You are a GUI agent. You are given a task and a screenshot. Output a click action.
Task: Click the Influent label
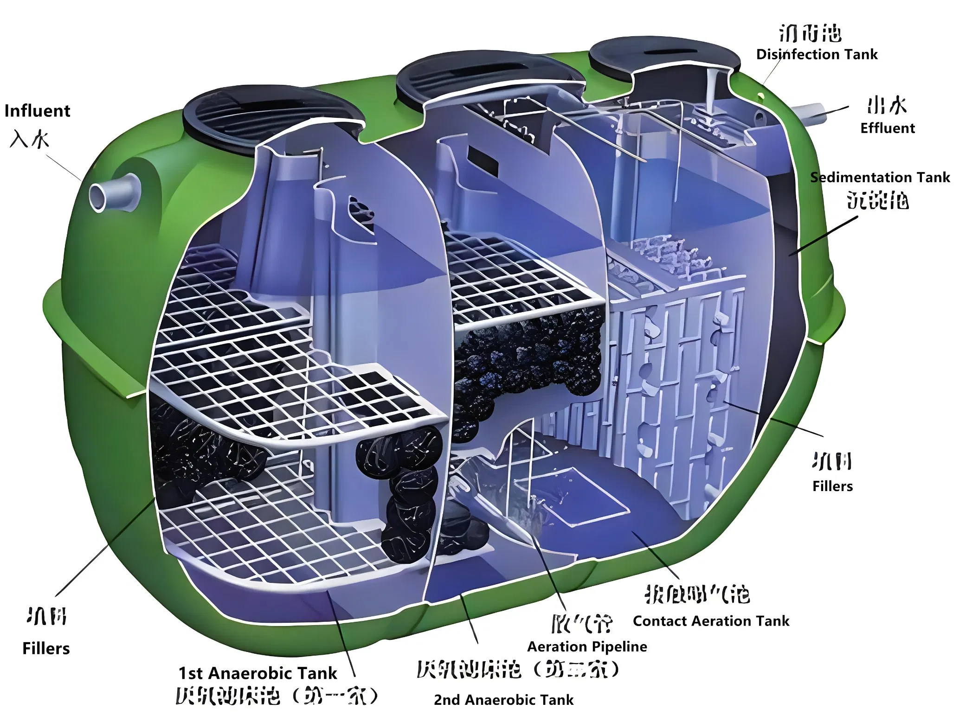pyautogui.click(x=37, y=111)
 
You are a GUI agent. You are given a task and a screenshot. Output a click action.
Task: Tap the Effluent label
pyautogui.click(x=887, y=128)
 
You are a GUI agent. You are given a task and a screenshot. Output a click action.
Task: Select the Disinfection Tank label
pyautogui.click(x=817, y=54)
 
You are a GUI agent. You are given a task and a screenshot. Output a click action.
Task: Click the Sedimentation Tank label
pyautogui.click(x=880, y=177)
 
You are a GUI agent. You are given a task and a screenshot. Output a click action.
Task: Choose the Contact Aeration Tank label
pyautogui.click(x=710, y=620)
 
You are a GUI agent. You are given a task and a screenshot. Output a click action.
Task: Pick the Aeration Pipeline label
pyautogui.click(x=587, y=646)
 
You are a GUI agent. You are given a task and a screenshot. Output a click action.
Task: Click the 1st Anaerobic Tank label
pyautogui.click(x=258, y=672)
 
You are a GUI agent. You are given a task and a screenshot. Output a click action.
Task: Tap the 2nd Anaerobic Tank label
pyautogui.click(x=503, y=699)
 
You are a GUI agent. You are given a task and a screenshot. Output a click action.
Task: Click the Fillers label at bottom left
pyautogui.click(x=46, y=648)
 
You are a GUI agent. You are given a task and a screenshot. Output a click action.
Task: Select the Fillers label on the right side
pyautogui.click(x=832, y=486)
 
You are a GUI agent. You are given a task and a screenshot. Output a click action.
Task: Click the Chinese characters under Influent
pyautogui.click(x=29, y=139)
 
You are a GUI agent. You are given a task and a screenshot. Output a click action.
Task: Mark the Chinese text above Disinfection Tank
pyautogui.click(x=810, y=34)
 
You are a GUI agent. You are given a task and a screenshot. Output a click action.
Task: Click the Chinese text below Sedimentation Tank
pyautogui.click(x=877, y=200)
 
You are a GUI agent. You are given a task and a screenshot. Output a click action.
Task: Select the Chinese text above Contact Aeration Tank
pyautogui.click(x=697, y=595)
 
